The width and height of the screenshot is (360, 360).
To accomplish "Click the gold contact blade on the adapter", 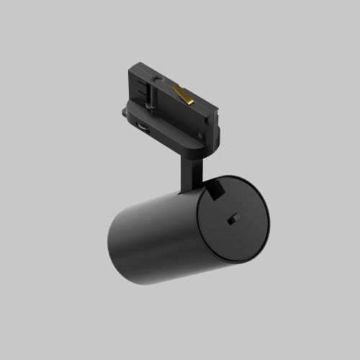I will (182, 93).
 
